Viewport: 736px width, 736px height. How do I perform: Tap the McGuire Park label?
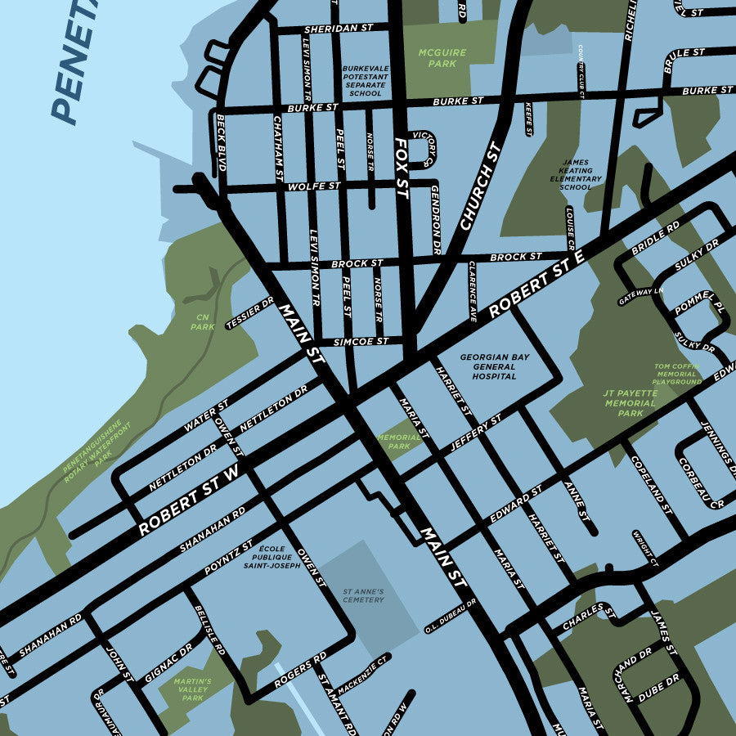(442, 57)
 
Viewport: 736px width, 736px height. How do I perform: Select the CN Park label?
(201, 321)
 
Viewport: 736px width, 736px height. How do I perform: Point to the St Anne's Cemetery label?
(363, 595)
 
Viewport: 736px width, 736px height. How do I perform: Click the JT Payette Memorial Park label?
(630, 402)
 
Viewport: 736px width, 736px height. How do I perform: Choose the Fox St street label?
(401, 168)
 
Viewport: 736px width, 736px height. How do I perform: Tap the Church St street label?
(480, 186)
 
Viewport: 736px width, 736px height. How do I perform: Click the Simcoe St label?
(361, 341)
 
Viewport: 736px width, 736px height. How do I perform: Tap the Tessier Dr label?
(250, 313)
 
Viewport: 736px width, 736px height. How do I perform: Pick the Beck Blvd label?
(221, 143)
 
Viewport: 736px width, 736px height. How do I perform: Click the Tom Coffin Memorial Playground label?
(677, 374)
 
